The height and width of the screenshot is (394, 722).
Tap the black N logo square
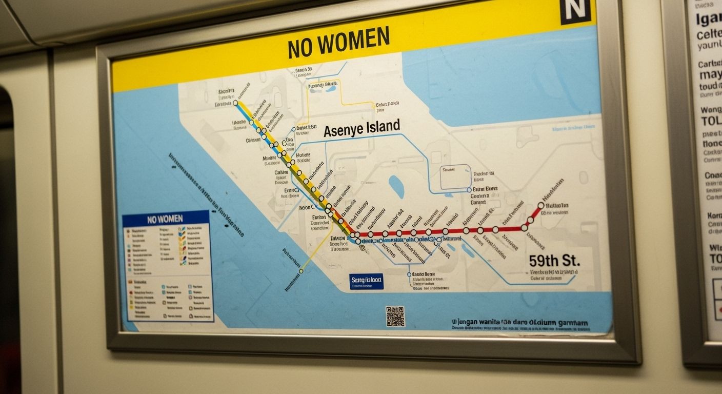[575, 10]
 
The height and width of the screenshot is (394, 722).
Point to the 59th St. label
[554, 261]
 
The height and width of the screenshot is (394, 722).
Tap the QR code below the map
[395, 316]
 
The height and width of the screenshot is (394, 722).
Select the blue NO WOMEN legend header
[165, 219]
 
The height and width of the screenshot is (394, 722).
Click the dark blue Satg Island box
[366, 281]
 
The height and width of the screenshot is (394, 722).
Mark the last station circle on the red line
[541, 205]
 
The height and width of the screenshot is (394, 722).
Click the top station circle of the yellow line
[236, 103]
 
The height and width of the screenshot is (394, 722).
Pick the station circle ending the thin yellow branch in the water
[301, 271]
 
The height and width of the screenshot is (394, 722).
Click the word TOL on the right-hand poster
[711, 121]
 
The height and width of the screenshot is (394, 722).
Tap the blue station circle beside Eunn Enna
[469, 189]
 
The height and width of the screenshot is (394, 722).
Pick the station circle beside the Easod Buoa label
[409, 274]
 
